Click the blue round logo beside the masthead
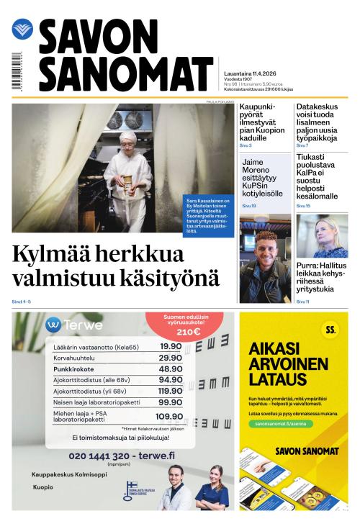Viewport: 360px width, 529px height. pos(22,29)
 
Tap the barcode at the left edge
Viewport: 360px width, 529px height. pos(16,71)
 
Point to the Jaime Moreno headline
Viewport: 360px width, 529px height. pos(263,177)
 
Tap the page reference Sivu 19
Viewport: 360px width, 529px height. pos(249,206)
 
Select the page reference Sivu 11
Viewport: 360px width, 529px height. pos(303,302)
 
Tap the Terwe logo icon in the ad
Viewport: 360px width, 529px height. pos(53,324)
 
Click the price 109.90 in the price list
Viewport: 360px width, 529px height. pos(168,416)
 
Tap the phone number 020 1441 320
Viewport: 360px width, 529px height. pos(99,456)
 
